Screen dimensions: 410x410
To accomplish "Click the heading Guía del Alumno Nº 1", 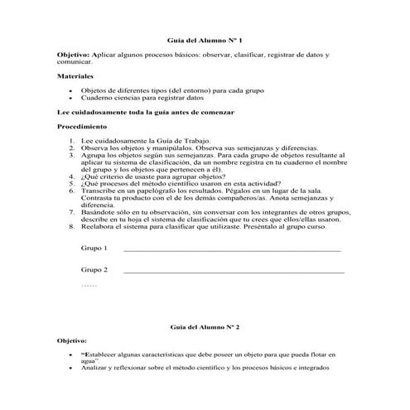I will (205, 39).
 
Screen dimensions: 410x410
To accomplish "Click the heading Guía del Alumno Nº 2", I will (204, 328).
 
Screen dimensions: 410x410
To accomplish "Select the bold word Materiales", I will (75, 75).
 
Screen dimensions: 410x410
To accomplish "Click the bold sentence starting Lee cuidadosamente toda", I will (146, 110).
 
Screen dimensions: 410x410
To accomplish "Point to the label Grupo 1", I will (94, 248).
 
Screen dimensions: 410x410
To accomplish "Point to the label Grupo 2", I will (94, 270).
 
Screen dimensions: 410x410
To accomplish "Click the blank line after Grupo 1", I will (231, 250).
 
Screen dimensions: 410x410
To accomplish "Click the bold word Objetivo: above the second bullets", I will (73, 340).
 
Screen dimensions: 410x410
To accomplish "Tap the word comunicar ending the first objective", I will (74, 61).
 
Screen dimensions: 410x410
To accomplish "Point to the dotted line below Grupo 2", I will (89, 285).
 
